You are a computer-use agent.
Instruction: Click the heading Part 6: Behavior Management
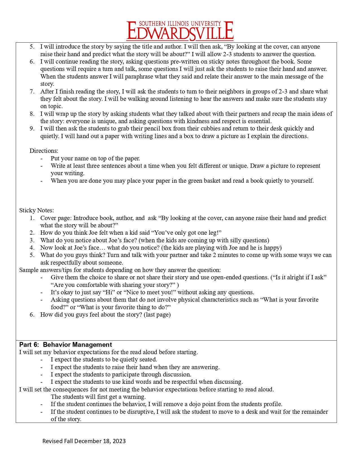pos(66,345)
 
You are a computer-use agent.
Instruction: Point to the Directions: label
pos(44,151)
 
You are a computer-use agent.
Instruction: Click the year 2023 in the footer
pos(120,441)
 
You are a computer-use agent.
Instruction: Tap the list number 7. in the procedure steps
pos(32,92)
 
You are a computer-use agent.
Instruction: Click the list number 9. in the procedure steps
pos(32,129)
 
